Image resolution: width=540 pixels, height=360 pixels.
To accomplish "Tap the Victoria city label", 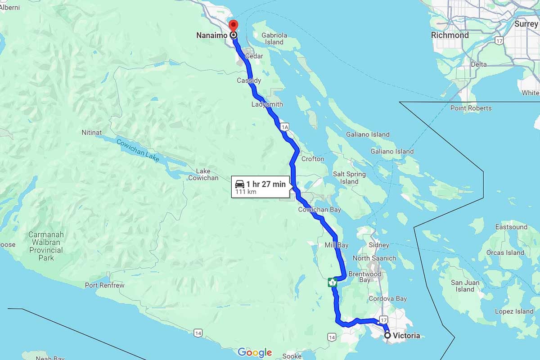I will tap(406, 336).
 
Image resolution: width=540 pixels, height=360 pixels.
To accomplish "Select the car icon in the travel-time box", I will tap(240, 184).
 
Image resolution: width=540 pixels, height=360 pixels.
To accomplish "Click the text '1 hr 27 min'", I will tap(266, 184).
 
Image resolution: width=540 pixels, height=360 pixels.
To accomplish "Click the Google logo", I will tap(255, 352).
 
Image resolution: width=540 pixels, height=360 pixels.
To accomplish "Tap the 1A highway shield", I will tap(284, 128).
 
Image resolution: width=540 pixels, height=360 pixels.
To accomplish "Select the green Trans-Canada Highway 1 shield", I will tap(333, 283).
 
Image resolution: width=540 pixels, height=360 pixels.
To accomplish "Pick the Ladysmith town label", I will tap(267, 104).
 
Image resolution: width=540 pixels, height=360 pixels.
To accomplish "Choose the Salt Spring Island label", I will tap(349, 178).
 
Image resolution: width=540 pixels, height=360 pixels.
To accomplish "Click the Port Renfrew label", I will tap(105, 285).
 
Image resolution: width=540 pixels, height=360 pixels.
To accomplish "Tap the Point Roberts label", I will tap(471, 108).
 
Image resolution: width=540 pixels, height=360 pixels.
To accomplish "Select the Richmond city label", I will tap(450, 35).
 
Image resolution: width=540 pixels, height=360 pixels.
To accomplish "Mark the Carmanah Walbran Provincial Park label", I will tap(46, 246).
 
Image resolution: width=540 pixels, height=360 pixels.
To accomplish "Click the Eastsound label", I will tap(511, 227).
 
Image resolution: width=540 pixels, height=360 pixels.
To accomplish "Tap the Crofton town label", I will tap(313, 159).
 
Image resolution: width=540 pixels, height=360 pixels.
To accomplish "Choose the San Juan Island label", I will tap(465, 286).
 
